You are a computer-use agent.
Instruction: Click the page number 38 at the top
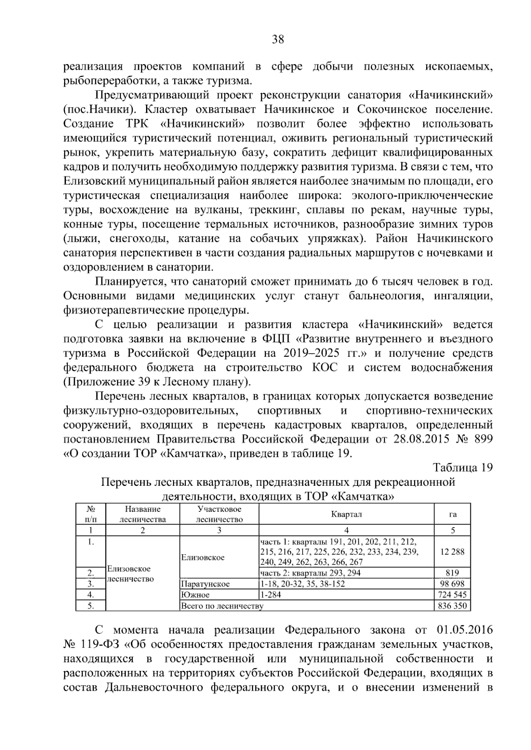(x=277, y=39)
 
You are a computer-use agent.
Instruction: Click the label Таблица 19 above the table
(x=462, y=468)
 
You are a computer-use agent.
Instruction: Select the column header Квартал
(x=346, y=514)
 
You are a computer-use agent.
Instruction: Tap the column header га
(x=452, y=514)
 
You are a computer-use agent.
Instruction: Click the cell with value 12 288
(x=452, y=552)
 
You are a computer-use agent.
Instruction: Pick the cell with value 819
(x=452, y=573)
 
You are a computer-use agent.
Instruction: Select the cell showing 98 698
(x=452, y=584)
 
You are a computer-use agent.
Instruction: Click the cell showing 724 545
(x=452, y=595)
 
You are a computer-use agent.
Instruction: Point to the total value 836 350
(x=452, y=606)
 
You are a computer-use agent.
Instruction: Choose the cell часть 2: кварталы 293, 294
(x=310, y=573)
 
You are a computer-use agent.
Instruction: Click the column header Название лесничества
(x=142, y=514)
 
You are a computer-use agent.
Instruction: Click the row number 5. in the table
(x=90, y=606)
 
